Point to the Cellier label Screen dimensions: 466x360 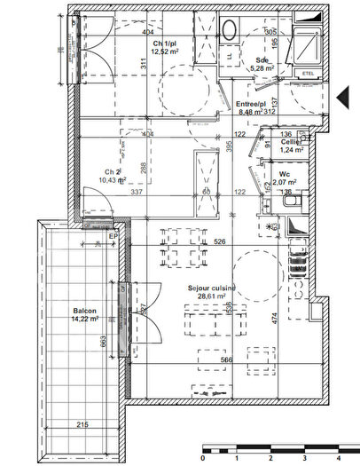click(x=292, y=142)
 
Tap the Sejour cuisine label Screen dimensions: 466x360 click(x=211, y=288)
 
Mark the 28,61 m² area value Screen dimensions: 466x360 click(x=211, y=299)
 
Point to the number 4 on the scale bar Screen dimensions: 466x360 click(x=338, y=459)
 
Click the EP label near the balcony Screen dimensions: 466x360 click(x=113, y=236)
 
